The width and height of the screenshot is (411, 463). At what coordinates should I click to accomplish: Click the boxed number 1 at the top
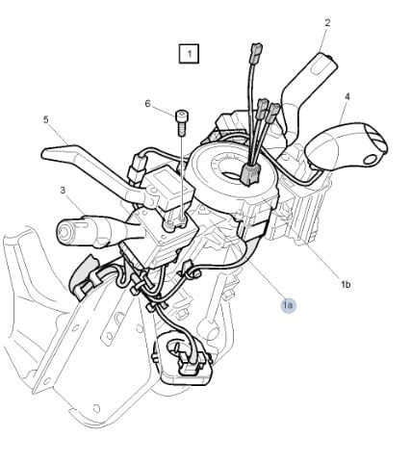tap(189, 54)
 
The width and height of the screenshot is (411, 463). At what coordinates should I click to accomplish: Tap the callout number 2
tap(327, 23)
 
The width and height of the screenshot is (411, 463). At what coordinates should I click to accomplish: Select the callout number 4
tap(347, 96)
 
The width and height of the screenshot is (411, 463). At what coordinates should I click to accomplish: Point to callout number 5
tap(46, 119)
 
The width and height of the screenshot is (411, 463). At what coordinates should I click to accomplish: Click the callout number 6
tap(147, 104)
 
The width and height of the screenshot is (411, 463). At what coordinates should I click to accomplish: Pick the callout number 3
tap(63, 191)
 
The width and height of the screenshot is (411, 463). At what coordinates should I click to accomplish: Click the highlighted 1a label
tap(288, 305)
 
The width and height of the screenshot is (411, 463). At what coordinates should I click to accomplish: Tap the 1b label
tap(346, 284)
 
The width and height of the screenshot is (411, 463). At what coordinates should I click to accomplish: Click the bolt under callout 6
tap(181, 123)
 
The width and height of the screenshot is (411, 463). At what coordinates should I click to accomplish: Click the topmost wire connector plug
tap(257, 50)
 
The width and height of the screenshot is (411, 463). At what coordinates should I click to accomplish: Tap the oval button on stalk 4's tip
tap(372, 160)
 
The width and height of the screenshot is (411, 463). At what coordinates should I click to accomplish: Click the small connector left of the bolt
tap(138, 169)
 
